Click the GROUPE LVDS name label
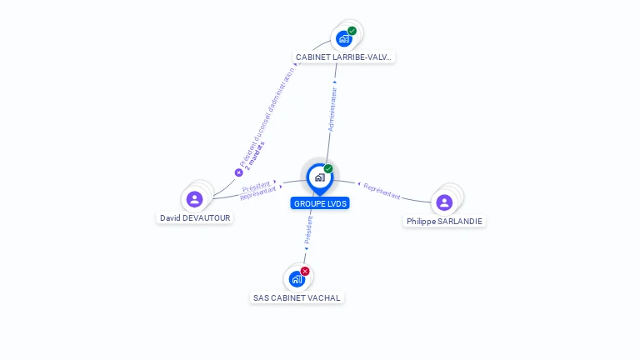point(320,203)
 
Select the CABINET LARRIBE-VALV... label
point(343,57)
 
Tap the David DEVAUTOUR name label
point(195,217)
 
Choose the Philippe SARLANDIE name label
point(444,221)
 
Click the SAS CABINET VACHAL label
point(297,297)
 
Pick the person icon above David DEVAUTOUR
point(194,198)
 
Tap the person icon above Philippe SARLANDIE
point(444,202)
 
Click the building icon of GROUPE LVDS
point(319,177)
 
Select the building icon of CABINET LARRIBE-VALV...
point(343,38)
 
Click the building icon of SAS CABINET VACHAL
point(297,279)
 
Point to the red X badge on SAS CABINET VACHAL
point(305,271)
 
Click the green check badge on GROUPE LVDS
point(328,168)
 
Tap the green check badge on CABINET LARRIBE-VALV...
point(352,31)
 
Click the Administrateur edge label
point(332,109)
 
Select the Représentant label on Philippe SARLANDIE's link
point(382,191)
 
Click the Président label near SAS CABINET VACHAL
point(308,231)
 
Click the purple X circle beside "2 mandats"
point(238,172)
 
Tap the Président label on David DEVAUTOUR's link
point(257,185)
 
